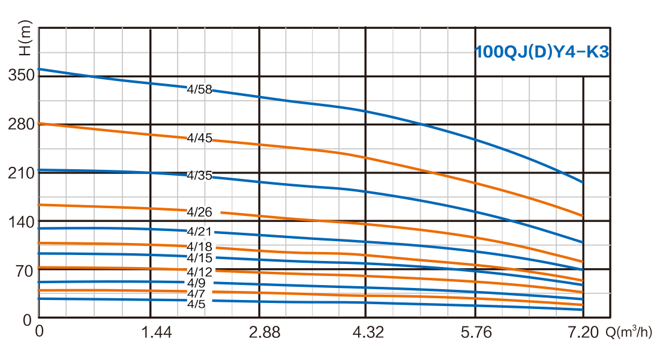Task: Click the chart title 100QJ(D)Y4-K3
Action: pos(542,52)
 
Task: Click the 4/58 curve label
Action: pos(200,88)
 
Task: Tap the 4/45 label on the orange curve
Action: pos(200,137)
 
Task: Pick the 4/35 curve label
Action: pos(200,176)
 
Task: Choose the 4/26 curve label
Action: pos(200,212)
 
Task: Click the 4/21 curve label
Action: pos(200,232)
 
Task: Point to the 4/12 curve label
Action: pos(200,271)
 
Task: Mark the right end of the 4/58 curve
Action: pos(581,181)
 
